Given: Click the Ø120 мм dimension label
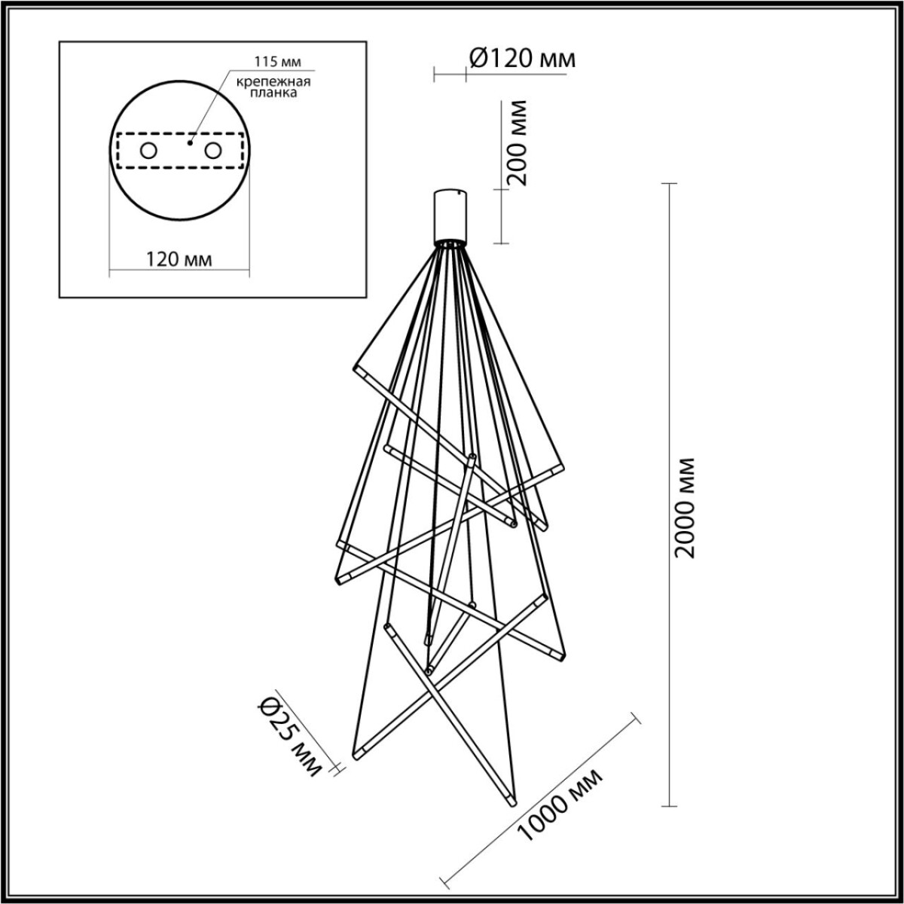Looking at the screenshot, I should click(521, 58).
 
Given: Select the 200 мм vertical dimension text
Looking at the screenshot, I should click(518, 142).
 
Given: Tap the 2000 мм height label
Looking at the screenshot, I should click(686, 506).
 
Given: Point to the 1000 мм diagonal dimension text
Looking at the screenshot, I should click(562, 807).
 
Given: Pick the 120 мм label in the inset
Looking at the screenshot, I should click(179, 259).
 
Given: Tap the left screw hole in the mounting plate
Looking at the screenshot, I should click(148, 151).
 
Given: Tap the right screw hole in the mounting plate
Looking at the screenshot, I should click(213, 151).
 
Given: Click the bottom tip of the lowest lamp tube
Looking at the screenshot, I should click(514, 805).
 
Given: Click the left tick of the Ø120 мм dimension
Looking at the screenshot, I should click(435, 74).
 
